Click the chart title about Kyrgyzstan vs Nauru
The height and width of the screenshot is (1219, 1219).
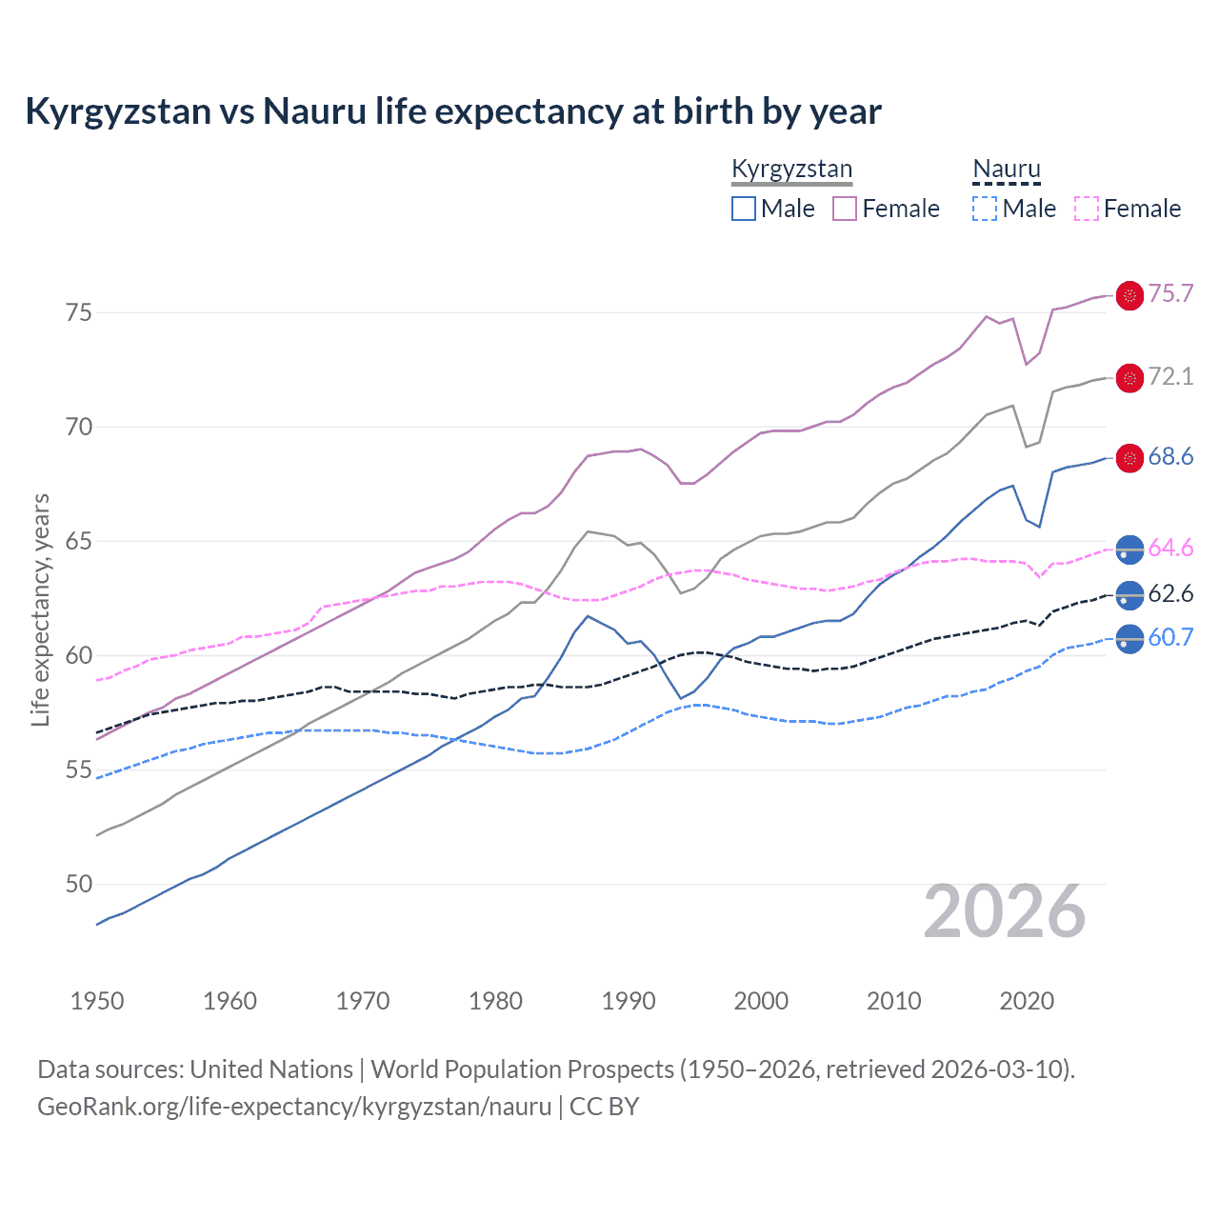[453, 111]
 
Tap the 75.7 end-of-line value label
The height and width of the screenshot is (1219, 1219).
[1170, 293]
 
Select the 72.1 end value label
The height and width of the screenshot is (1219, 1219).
[1170, 376]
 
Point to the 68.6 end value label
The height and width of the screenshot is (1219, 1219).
[1170, 456]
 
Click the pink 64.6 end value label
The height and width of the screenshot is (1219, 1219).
[1170, 548]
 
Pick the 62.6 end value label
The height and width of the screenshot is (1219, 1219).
[1170, 593]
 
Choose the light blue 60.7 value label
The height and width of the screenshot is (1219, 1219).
[1170, 637]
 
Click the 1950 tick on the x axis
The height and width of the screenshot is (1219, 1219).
[97, 1001]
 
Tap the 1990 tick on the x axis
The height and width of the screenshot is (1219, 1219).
[629, 1001]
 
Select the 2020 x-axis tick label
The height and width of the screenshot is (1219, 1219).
[1027, 1001]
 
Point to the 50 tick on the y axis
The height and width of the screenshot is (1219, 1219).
[79, 884]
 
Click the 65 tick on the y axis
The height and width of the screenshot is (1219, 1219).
[79, 541]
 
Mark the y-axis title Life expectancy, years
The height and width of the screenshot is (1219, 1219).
[41, 609]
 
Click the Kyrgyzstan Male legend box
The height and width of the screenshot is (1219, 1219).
[744, 209]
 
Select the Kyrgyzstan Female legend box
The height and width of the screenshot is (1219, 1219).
[845, 209]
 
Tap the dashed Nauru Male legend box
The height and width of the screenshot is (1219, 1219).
[985, 209]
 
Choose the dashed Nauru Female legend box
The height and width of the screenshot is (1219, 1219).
[1087, 209]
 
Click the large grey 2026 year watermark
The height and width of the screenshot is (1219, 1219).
[1005, 911]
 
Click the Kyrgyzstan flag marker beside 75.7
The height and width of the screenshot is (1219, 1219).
[1129, 296]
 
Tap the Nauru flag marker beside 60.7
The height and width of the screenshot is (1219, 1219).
[1129, 639]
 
